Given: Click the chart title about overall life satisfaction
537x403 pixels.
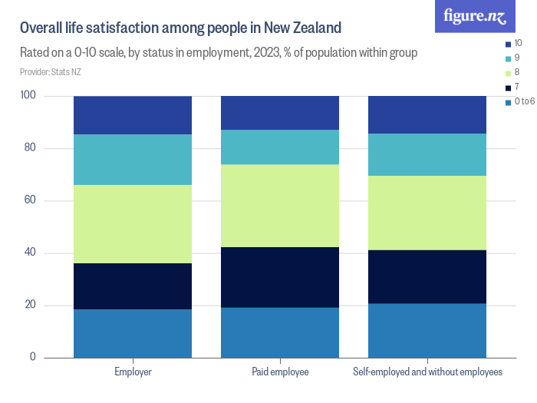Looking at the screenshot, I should pos(180,28).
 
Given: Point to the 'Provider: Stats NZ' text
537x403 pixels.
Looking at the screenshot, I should pos(51,72).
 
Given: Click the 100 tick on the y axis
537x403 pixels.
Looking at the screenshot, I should pos(28,96).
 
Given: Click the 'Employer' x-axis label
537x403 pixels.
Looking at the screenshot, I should pos(133,372).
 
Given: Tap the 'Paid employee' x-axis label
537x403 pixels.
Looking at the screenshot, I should pos(280,372).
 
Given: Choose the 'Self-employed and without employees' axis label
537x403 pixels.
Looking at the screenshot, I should pos(427,372).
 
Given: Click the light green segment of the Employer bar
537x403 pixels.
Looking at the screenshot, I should pos(133,224).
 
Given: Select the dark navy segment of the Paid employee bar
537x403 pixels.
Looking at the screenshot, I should pos(280,277).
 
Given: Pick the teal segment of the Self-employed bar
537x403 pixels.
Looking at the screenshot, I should pos(427,154).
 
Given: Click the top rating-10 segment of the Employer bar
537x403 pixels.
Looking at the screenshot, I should pos(133,115).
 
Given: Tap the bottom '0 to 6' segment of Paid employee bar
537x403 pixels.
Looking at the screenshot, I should pos(280,332).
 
